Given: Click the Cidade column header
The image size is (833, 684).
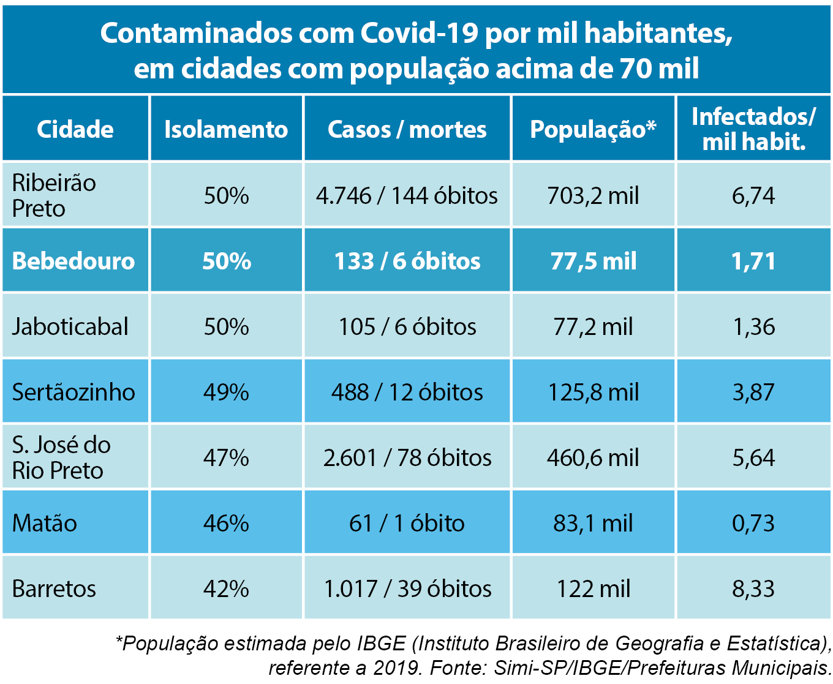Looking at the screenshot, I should click(x=75, y=129).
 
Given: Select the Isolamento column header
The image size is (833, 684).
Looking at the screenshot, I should click(x=226, y=129).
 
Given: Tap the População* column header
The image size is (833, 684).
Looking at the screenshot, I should click(x=593, y=129).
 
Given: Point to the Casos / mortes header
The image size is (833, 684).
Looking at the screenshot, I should click(x=407, y=129).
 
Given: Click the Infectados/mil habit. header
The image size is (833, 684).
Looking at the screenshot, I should click(x=753, y=129).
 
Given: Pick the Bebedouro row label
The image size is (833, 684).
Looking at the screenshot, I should click(x=73, y=261).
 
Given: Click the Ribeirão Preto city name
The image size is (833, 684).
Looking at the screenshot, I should click(x=54, y=195).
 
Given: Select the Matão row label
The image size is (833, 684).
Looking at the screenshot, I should click(x=45, y=524).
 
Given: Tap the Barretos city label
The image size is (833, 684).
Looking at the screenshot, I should click(x=54, y=589).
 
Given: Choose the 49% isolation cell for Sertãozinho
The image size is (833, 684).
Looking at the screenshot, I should click(x=226, y=393).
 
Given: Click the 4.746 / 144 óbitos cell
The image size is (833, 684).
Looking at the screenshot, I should click(x=407, y=196).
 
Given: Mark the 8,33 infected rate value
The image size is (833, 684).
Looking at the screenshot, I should click(x=753, y=589).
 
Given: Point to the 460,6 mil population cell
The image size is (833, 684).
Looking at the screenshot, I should click(x=593, y=458).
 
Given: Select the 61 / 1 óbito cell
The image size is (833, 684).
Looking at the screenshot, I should click(x=407, y=524).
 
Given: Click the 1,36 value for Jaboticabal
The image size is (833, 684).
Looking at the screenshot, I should click(x=753, y=327).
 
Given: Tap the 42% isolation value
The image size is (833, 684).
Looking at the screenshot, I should click(x=226, y=589).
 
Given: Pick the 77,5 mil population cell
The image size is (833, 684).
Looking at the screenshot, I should click(x=593, y=261).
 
